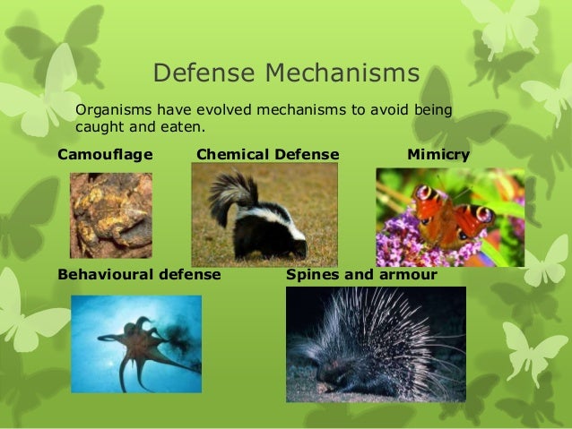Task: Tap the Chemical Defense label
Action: click(267, 155)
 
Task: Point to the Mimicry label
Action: click(438, 155)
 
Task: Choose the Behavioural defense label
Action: click(139, 274)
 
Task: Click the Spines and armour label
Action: click(361, 274)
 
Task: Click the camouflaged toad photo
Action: click(111, 215)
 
